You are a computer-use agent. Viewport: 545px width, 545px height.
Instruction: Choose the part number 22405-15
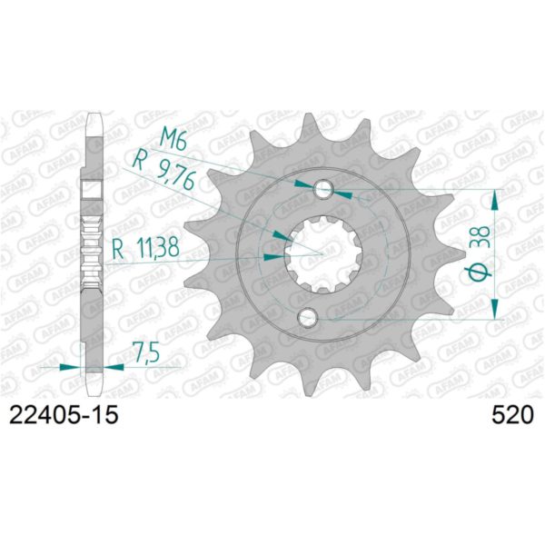64,416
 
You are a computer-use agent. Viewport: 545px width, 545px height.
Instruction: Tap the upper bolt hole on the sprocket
322,190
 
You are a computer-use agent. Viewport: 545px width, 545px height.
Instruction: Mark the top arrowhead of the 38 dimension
496,199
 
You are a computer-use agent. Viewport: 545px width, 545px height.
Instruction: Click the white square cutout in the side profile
93,188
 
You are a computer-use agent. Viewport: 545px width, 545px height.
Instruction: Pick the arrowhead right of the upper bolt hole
340,192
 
